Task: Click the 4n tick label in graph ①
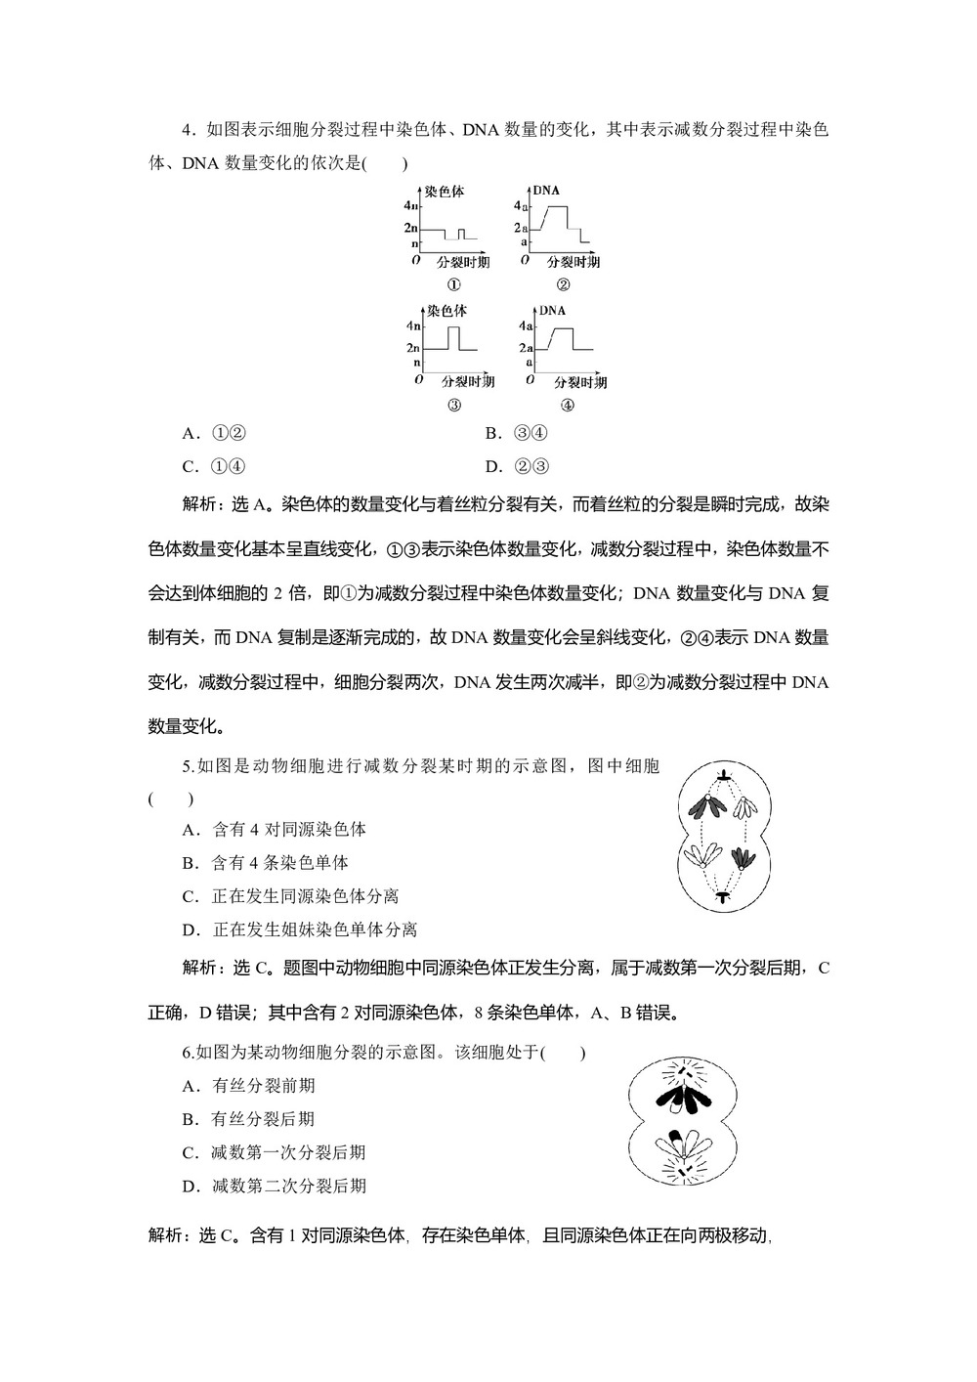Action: coord(409,206)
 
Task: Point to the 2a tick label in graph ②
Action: coord(522,228)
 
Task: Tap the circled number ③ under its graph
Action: coord(453,406)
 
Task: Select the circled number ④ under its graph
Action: coord(566,406)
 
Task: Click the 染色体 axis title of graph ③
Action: coord(446,311)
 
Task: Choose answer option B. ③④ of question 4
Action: coord(516,433)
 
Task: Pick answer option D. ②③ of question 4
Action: coord(516,466)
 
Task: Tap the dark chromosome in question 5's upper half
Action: coord(702,805)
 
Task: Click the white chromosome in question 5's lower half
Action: coord(700,855)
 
